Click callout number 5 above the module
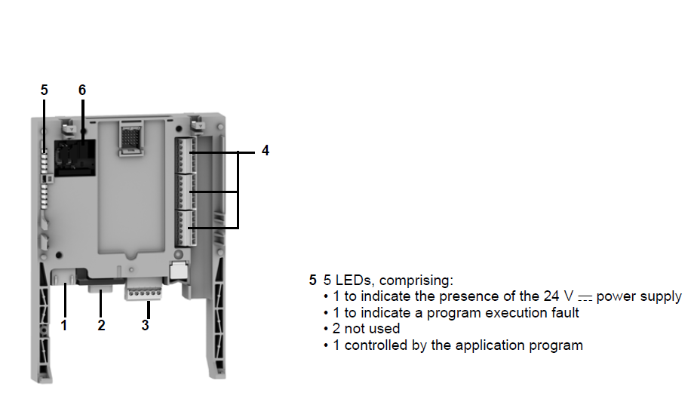(44, 90)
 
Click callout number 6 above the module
(82, 90)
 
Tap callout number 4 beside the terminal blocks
(266, 150)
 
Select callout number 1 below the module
(64, 325)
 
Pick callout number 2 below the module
(101, 325)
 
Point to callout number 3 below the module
(146, 325)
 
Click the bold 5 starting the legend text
(313, 280)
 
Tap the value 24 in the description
(551, 296)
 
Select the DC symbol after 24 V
(585, 298)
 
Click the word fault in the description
(566, 312)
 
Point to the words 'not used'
(372, 328)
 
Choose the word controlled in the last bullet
(376, 345)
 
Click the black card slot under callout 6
(75, 158)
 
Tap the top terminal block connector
(186, 155)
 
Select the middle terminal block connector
(186, 192)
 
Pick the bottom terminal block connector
(186, 228)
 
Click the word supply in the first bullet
(661, 296)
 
